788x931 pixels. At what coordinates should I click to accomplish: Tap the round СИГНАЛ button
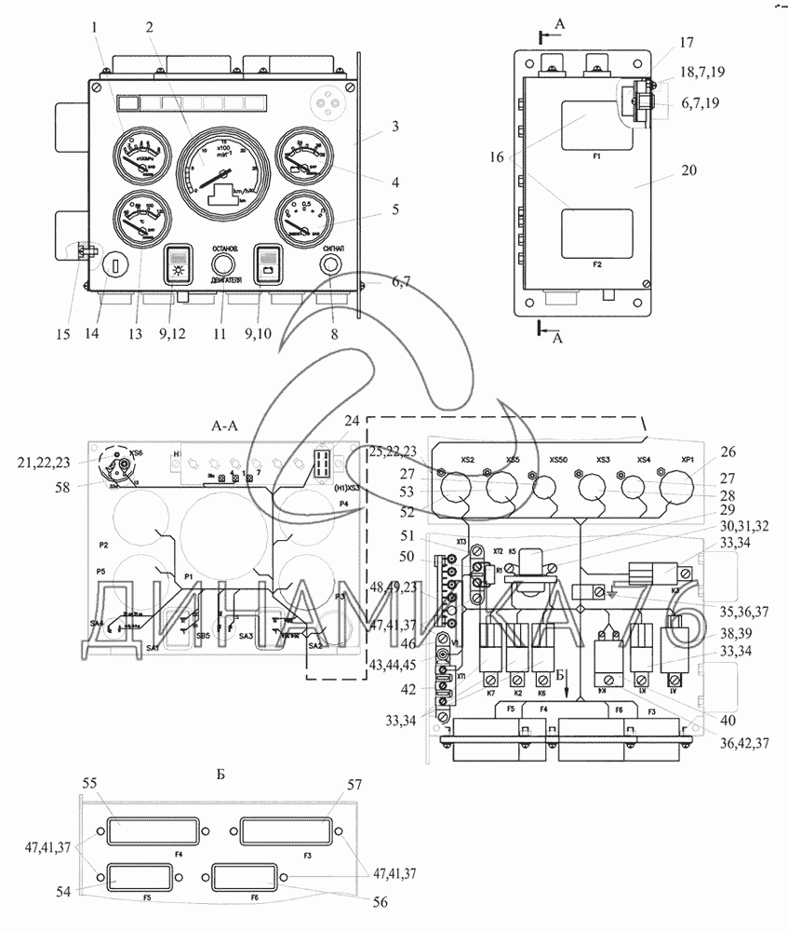(333, 264)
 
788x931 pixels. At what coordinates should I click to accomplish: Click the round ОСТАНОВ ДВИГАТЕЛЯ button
(222, 263)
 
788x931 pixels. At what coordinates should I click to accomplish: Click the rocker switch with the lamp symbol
(176, 264)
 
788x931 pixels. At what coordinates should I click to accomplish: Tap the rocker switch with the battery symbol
(269, 264)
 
